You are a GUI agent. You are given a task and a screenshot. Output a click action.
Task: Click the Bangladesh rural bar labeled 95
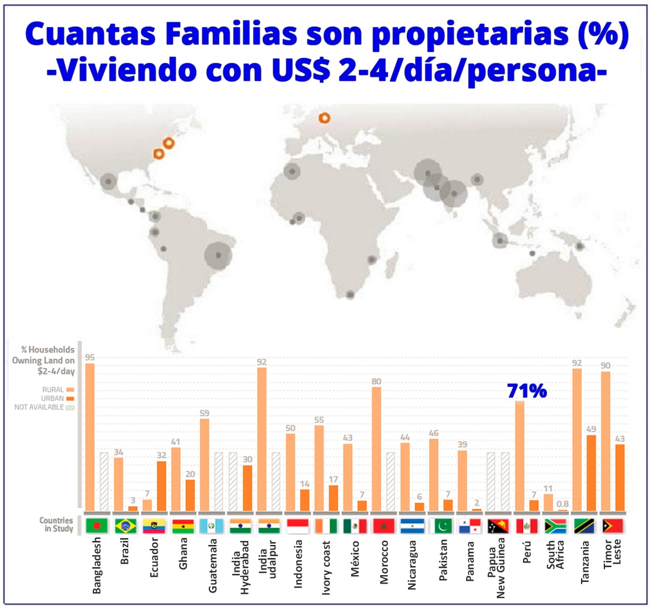click(90, 437)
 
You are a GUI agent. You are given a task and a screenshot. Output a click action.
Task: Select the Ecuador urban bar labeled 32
click(162, 486)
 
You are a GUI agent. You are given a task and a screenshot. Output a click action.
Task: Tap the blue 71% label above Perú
click(527, 391)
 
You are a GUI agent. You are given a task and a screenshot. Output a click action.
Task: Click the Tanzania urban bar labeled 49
click(591, 473)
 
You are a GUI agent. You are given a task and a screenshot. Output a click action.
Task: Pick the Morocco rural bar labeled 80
click(376, 449)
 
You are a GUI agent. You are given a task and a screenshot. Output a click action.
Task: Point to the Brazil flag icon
click(125, 526)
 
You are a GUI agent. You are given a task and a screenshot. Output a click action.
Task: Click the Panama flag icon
click(470, 526)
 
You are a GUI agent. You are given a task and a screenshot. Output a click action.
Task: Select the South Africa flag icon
click(555, 526)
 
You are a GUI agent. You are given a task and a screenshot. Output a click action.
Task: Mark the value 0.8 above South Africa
click(562, 504)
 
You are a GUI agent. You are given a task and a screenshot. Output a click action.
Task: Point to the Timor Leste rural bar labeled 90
click(605, 441)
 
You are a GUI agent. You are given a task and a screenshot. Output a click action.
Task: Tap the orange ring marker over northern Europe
click(324, 118)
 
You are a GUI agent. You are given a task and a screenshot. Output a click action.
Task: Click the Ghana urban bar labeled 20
click(190, 495)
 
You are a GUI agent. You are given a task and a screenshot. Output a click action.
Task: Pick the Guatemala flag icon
click(212, 526)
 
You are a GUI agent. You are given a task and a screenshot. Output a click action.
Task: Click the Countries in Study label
click(56, 524)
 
